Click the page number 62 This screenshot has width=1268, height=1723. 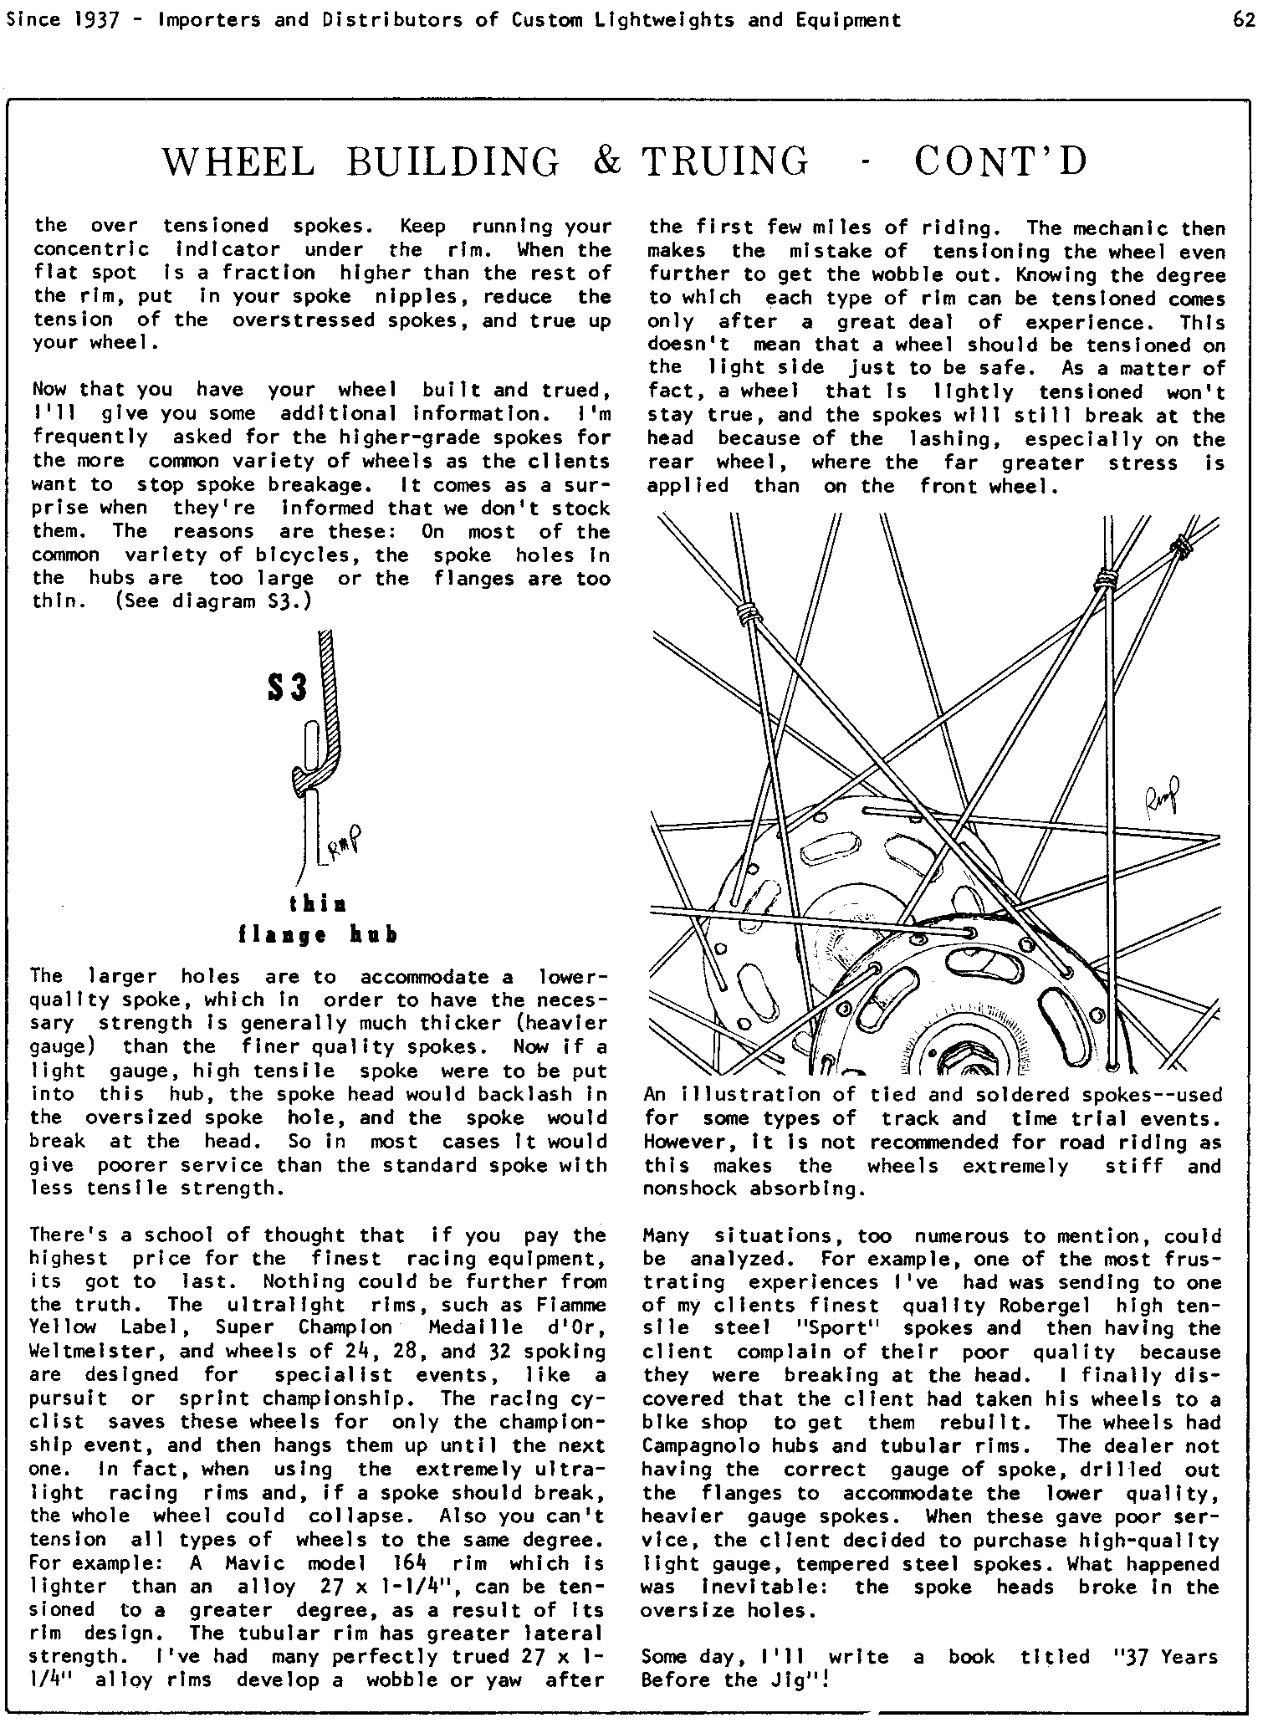point(1244,20)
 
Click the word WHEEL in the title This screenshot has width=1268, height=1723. point(239,161)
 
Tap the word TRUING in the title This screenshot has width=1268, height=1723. point(725,161)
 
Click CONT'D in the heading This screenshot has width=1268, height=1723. point(1001,161)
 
